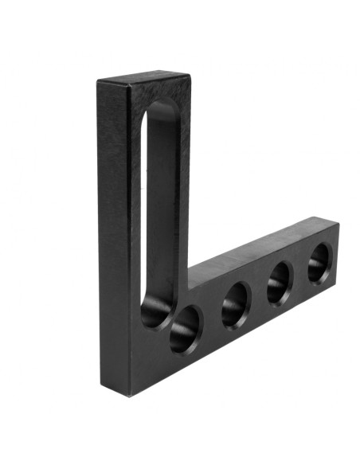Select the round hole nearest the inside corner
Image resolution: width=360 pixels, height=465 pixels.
pyautogui.click(x=185, y=329)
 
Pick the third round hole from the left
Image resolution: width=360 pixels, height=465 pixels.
pyautogui.click(x=279, y=283)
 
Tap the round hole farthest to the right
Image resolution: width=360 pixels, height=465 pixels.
pyautogui.click(x=319, y=262)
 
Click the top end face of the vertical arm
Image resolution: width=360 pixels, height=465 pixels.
pyautogui.click(x=143, y=79)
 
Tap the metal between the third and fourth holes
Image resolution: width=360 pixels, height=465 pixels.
pyautogui.click(x=299, y=273)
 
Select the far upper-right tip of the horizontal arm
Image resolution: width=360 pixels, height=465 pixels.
pyautogui.click(x=338, y=225)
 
